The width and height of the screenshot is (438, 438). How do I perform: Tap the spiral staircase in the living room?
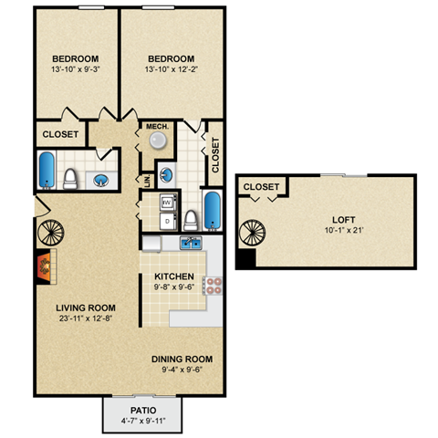[48, 233]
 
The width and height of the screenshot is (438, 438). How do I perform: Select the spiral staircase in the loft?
[249, 232]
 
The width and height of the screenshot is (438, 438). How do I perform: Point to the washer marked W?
[167, 203]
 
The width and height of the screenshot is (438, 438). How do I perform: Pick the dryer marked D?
[167, 221]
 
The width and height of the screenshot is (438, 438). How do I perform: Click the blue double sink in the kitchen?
[191, 243]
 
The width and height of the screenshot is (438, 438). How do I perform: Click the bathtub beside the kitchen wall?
[212, 209]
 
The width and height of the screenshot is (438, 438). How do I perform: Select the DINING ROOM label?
[181, 359]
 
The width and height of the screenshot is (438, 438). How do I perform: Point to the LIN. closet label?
[144, 182]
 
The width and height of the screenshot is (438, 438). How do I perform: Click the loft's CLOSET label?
[261, 187]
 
